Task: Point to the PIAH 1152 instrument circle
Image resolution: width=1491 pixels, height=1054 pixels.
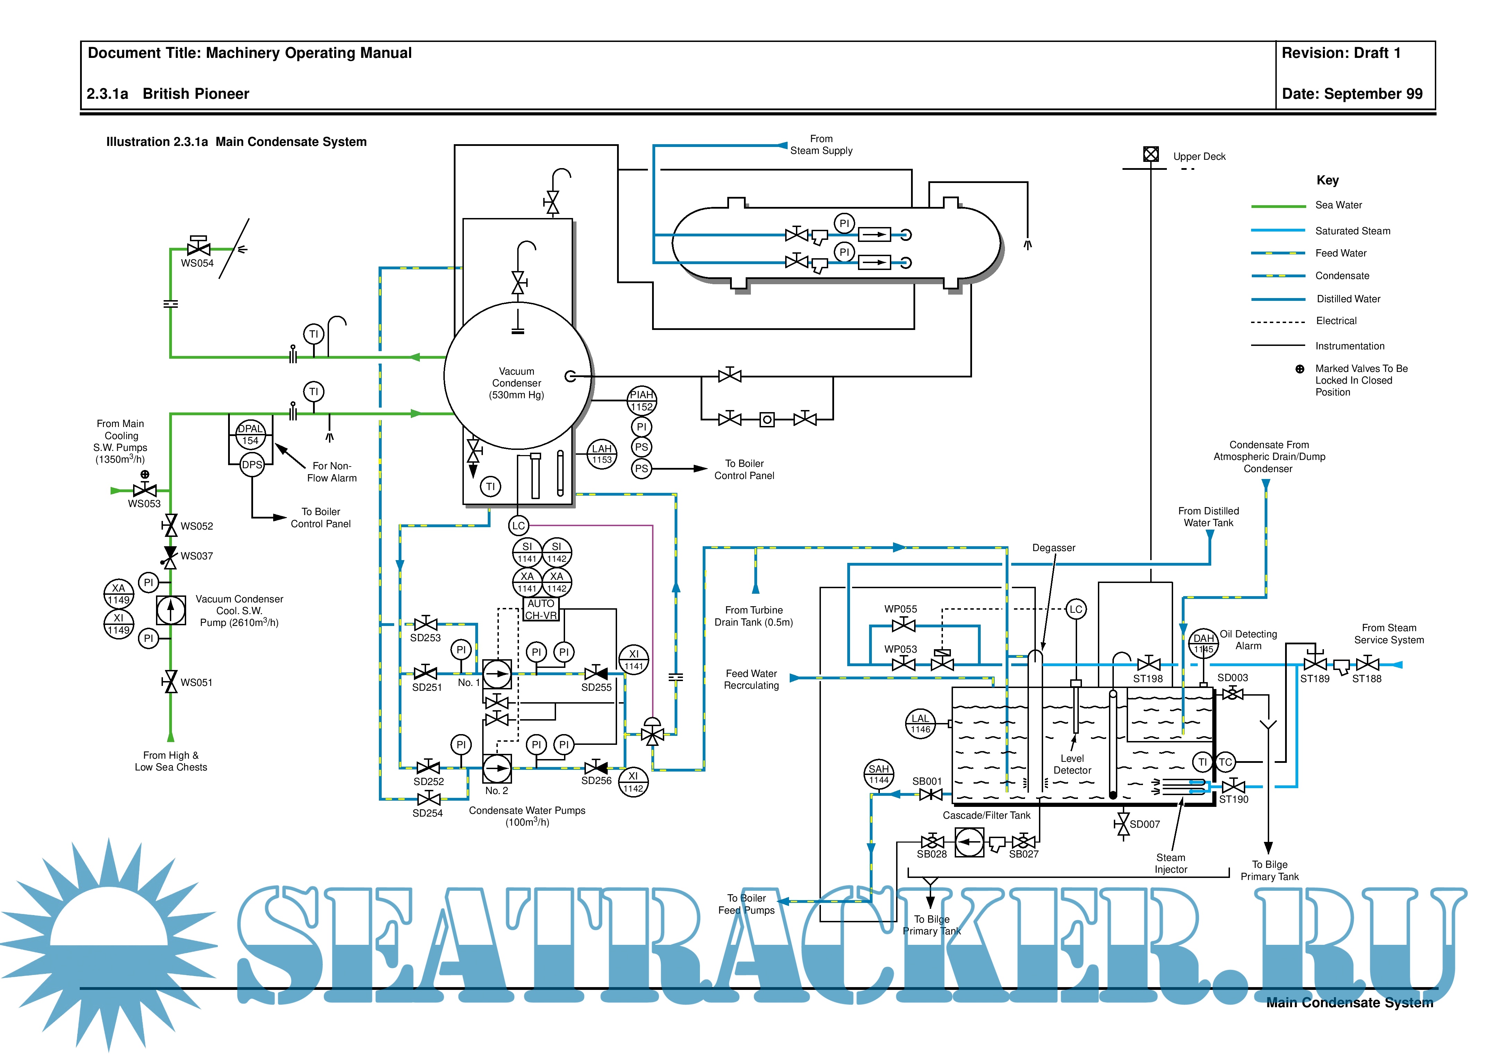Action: click(x=642, y=401)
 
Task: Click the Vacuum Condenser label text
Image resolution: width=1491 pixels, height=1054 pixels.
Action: click(x=516, y=383)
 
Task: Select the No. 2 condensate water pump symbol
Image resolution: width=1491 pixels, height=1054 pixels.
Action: click(x=497, y=768)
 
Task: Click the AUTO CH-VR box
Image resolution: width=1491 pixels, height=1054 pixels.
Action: click(x=541, y=609)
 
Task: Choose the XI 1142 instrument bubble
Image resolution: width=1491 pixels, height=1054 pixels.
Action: click(x=633, y=782)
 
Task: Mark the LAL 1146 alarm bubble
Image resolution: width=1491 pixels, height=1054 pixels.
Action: click(x=920, y=723)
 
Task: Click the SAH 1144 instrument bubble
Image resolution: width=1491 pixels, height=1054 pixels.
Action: click(x=879, y=774)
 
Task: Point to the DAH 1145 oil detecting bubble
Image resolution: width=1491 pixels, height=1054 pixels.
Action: click(x=1203, y=644)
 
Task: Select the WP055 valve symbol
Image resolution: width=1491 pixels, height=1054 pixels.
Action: click(x=903, y=625)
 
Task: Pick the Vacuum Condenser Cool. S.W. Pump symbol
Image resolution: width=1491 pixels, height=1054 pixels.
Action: click(x=171, y=610)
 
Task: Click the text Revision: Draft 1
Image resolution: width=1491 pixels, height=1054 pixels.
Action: click(x=1341, y=53)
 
